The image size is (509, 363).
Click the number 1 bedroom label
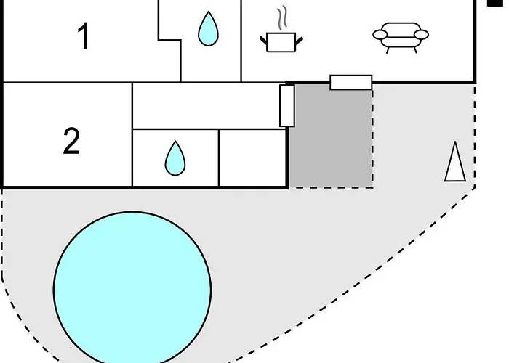(x=84, y=36)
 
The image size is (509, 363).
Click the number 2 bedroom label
(x=71, y=141)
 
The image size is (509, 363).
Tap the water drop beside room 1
(x=208, y=28)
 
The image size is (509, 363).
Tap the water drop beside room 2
(x=175, y=158)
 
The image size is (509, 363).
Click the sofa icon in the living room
(x=401, y=37)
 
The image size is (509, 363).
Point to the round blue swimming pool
(x=132, y=288)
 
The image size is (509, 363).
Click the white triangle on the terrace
(x=455, y=161)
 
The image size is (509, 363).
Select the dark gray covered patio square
(x=331, y=136)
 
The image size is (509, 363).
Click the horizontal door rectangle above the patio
(x=351, y=82)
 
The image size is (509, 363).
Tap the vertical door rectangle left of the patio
(x=287, y=106)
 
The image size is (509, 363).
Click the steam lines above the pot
(x=282, y=17)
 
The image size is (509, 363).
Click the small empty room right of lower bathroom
(x=252, y=158)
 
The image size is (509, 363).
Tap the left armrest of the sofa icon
(x=380, y=35)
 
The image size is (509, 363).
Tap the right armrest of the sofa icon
(x=421, y=34)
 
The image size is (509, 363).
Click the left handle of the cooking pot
(x=263, y=41)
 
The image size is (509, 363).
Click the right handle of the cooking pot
(x=299, y=41)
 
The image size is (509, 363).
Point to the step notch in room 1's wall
(x=169, y=41)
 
